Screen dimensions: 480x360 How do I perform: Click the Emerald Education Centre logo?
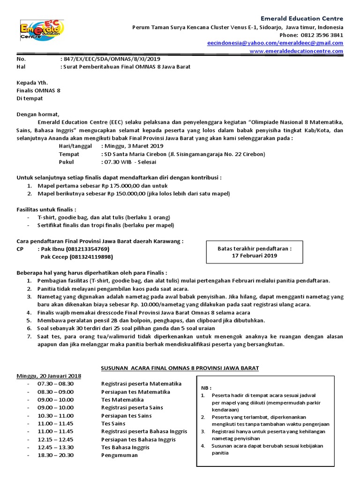tap(42, 30)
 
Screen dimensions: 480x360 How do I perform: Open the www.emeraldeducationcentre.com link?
tap(296, 51)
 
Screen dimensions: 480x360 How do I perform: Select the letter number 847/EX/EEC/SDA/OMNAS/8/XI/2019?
tap(111, 59)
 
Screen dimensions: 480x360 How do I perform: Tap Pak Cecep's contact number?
tap(91, 257)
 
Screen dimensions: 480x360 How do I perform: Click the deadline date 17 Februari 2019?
tap(255, 256)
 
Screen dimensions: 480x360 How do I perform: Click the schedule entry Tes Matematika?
tap(122, 400)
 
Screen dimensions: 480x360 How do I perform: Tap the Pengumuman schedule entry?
tap(120, 455)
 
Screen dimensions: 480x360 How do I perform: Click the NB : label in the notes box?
tap(206, 388)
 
